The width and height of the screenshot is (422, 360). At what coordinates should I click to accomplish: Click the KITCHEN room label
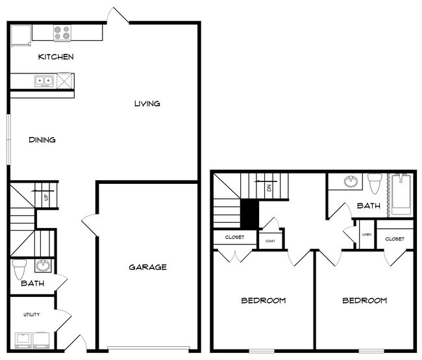(x=56, y=57)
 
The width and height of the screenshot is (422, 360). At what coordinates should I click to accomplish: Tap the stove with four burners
(x=62, y=32)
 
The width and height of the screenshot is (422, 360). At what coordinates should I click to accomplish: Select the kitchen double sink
(x=43, y=81)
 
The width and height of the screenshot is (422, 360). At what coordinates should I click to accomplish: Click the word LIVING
(x=147, y=104)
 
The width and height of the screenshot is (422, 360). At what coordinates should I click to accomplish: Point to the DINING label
(x=42, y=140)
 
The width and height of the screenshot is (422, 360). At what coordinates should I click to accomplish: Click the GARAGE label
(x=147, y=267)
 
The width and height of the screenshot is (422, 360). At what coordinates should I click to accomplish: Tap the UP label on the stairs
(x=45, y=197)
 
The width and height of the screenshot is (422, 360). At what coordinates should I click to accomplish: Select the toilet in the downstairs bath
(x=20, y=268)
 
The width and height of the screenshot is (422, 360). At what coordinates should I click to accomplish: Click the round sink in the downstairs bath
(x=43, y=265)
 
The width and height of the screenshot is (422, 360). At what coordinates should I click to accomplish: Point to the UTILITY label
(x=31, y=315)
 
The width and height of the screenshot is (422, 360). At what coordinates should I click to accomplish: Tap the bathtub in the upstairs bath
(x=401, y=195)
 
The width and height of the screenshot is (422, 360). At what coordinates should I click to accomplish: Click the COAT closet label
(x=270, y=240)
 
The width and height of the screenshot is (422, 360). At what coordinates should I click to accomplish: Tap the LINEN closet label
(x=366, y=235)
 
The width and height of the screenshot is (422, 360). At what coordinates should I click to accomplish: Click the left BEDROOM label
(x=264, y=300)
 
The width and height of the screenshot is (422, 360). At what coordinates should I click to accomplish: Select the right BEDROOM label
(x=364, y=300)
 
